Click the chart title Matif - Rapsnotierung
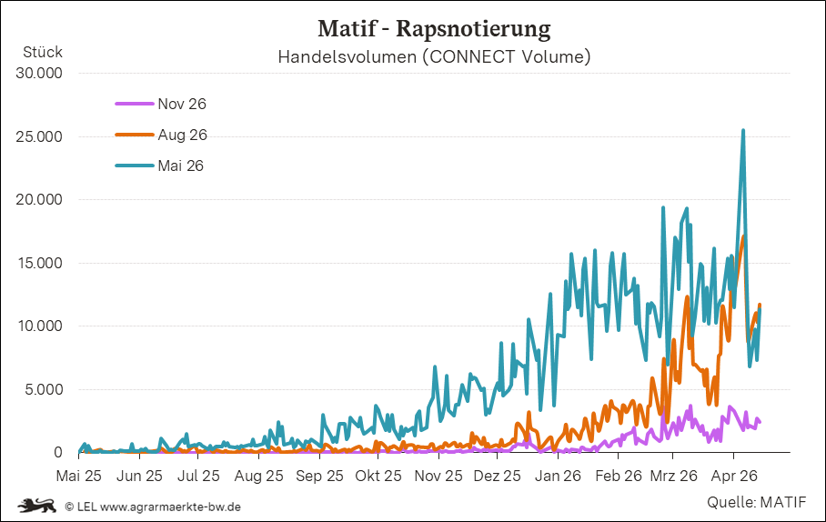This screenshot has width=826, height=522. (x=434, y=29)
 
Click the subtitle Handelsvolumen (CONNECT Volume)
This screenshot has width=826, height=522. (x=434, y=57)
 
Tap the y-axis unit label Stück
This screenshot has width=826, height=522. (x=42, y=52)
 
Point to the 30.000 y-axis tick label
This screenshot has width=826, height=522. (x=39, y=73)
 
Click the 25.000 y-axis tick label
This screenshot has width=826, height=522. (x=39, y=136)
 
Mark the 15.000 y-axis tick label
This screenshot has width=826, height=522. (x=39, y=263)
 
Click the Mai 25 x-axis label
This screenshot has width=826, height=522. (x=79, y=475)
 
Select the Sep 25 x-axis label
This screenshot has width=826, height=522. (x=319, y=475)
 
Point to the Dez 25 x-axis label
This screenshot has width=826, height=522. (x=498, y=475)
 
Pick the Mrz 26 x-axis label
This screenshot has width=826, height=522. (x=675, y=475)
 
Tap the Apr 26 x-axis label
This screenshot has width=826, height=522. (x=734, y=475)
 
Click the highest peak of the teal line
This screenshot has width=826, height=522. (x=743, y=131)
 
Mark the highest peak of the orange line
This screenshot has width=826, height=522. (x=743, y=237)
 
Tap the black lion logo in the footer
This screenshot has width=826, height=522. (x=37, y=505)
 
